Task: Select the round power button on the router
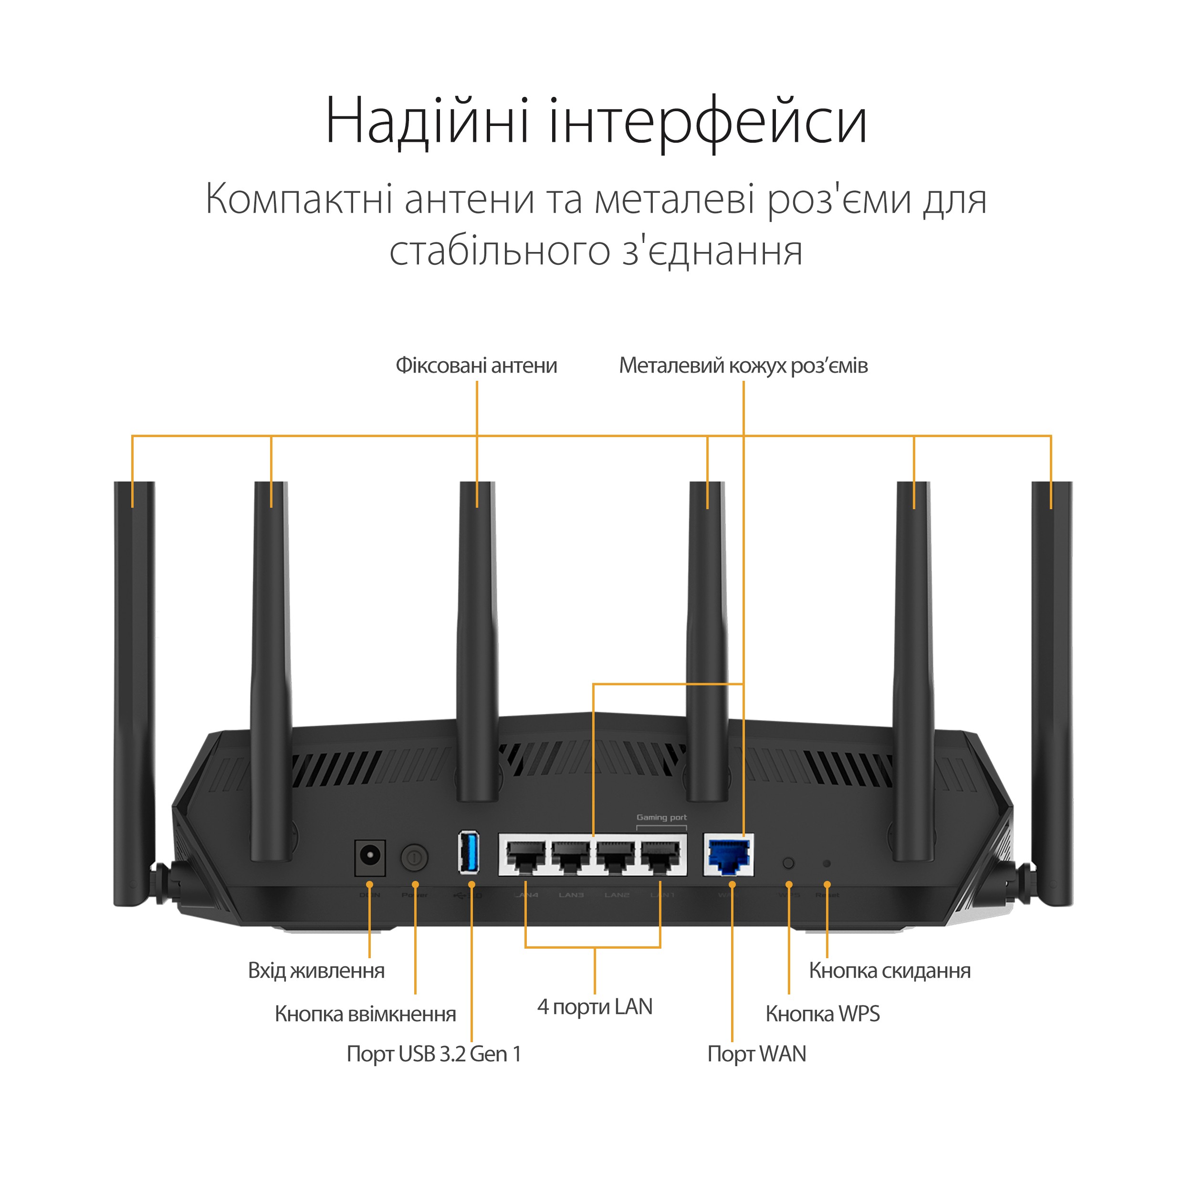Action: (414, 858)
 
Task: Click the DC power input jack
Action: (370, 858)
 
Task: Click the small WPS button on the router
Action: (788, 863)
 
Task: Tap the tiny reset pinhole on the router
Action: (827, 864)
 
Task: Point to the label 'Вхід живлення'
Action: (316, 971)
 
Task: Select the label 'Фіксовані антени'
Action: (476, 366)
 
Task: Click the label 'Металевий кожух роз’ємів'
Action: (743, 366)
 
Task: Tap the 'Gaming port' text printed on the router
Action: (661, 817)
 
